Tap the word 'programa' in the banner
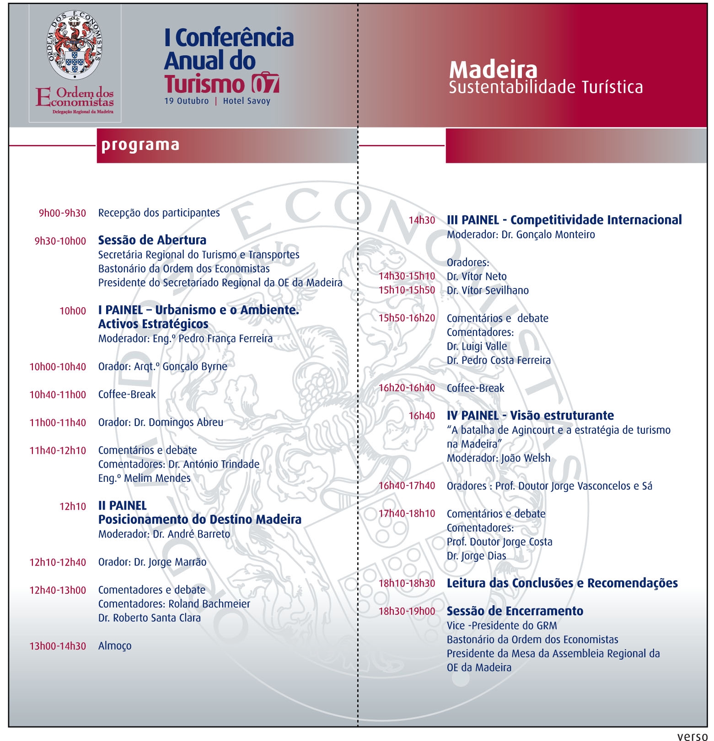140,145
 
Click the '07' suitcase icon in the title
265,83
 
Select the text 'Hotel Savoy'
247,101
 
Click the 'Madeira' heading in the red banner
493,69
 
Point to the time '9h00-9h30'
62,213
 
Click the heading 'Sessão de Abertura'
152,240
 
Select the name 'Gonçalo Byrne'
195,367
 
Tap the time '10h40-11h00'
58,394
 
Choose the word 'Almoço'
115,646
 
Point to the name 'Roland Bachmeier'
209,604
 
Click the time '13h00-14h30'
58,646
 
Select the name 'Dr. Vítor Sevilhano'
488,290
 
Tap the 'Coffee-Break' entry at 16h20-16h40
475,388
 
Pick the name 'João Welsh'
526,458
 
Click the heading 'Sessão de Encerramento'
515,611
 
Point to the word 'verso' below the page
692,736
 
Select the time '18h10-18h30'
407,583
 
